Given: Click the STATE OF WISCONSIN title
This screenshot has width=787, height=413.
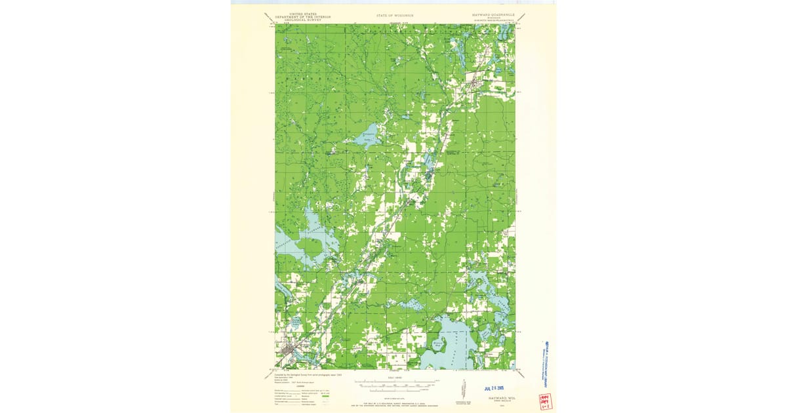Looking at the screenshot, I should coord(395,14).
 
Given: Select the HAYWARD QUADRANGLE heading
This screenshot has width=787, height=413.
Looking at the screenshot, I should coord(493,14).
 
